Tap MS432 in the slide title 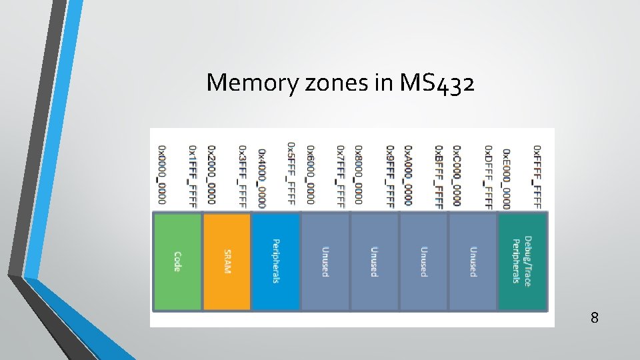437,82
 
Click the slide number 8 594,318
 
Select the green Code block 177,261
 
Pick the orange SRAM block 227,261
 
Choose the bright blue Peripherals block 276,261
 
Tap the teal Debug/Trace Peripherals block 523,261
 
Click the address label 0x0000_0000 162,175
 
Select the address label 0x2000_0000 211,175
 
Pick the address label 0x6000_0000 310,175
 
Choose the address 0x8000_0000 359,175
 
